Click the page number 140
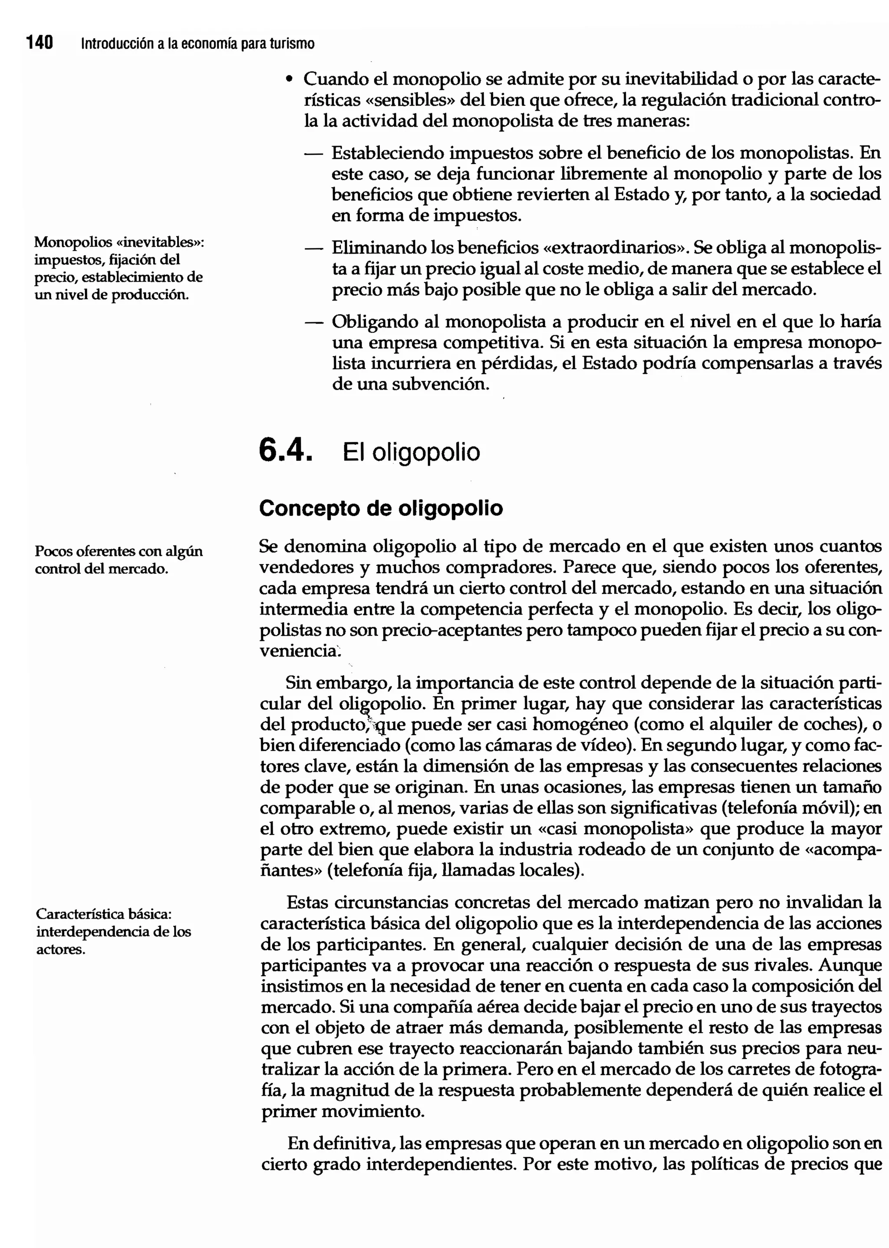click(x=40, y=43)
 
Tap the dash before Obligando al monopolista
click(x=312, y=322)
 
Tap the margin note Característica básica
click(x=113, y=931)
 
